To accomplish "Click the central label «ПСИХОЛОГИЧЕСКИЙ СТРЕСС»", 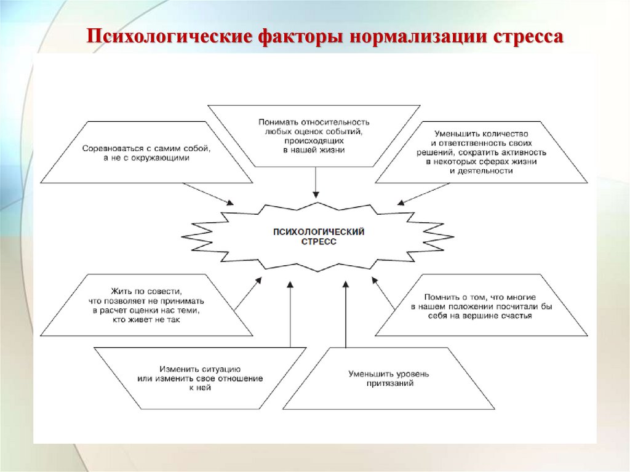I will point(319,237).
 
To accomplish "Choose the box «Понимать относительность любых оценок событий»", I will point(314,136).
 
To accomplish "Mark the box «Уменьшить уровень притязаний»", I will point(389,378).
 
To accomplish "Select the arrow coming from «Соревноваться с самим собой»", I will point(209,194).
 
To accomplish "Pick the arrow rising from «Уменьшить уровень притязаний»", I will point(346,314).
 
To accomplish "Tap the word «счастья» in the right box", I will point(517,316).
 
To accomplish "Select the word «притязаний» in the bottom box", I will point(389,383).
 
